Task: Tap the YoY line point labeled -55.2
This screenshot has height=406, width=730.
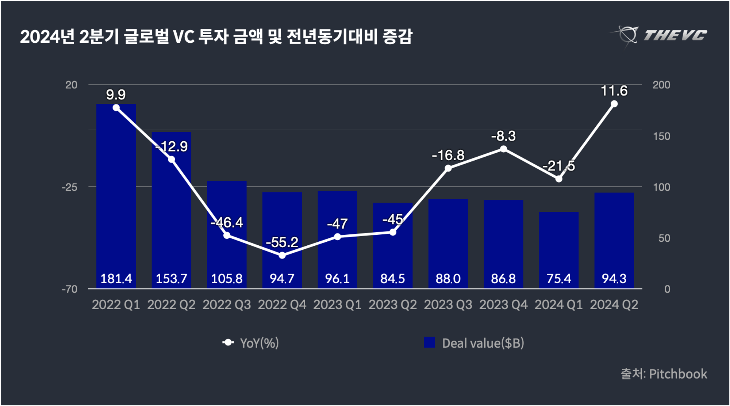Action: (x=282, y=255)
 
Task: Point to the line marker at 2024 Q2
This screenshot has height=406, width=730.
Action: (x=614, y=104)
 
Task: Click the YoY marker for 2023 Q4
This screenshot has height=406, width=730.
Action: (x=503, y=149)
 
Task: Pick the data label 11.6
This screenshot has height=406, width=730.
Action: (x=614, y=91)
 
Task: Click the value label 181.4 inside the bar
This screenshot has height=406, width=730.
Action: (x=116, y=279)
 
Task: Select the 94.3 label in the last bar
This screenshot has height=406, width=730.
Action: (x=614, y=279)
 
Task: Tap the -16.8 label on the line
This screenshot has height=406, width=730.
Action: (x=448, y=156)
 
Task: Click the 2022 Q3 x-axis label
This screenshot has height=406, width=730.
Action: (x=227, y=305)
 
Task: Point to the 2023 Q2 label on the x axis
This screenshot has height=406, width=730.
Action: (x=393, y=305)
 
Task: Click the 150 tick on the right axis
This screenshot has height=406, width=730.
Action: (x=661, y=136)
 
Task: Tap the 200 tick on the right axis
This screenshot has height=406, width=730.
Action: (x=661, y=85)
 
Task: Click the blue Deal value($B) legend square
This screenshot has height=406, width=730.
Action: (x=429, y=342)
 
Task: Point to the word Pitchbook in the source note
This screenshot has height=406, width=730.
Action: (x=678, y=374)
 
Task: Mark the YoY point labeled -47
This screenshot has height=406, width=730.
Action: (x=338, y=237)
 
